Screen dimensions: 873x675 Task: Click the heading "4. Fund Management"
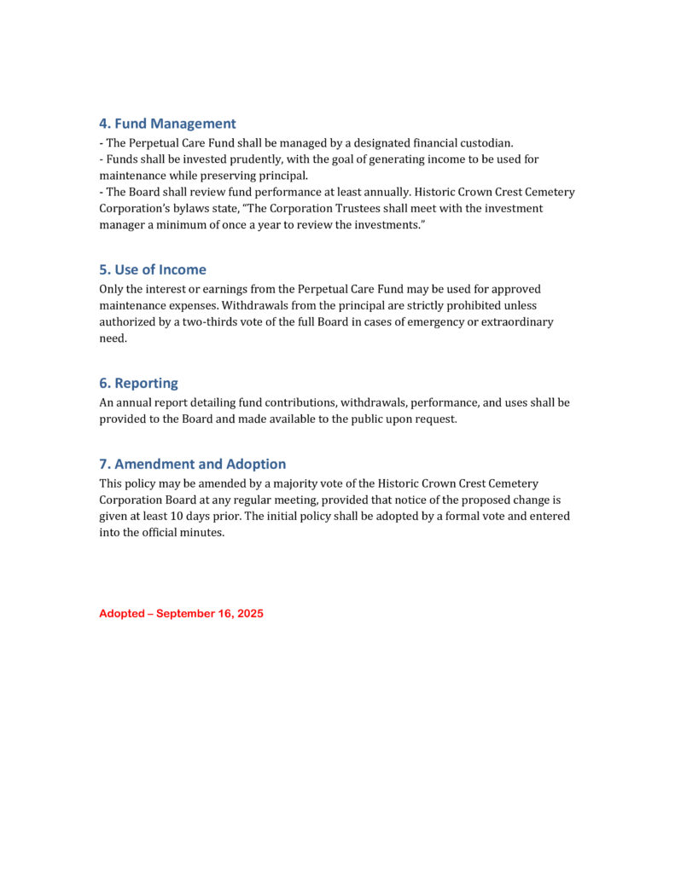[x=167, y=124]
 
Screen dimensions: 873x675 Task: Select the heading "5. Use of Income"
[x=152, y=269]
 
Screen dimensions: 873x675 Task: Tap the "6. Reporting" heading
[x=138, y=384]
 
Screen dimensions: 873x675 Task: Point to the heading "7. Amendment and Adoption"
[x=192, y=465]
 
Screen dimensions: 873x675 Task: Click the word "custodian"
[x=484, y=143]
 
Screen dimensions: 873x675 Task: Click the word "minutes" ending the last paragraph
[x=201, y=534]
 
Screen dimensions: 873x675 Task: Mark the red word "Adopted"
[x=121, y=614]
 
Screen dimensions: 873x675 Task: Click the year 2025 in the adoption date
[x=249, y=614]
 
